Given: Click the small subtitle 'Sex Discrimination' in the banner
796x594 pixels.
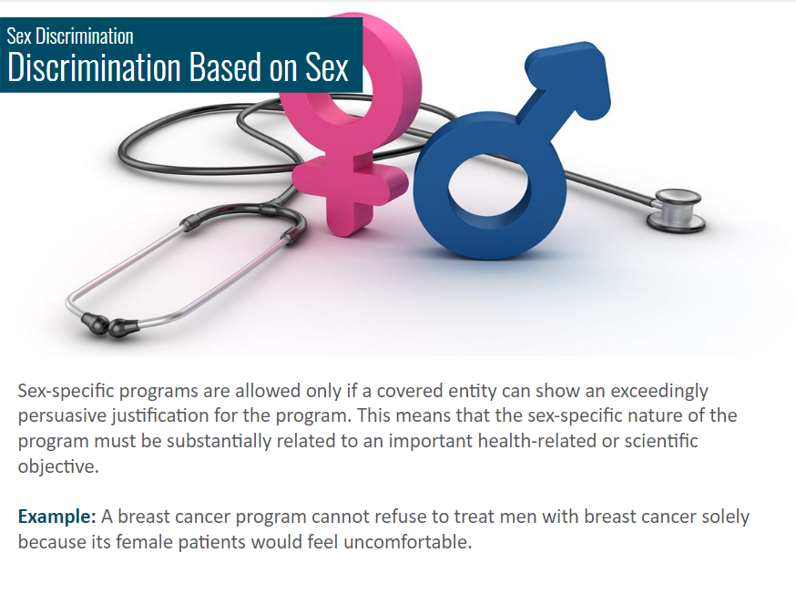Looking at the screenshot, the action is pos(70,36).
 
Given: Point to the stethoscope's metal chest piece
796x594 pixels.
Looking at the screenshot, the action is pos(676,210).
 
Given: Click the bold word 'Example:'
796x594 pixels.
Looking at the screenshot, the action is pos(56,517).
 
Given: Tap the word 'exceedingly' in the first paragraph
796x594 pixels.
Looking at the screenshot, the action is pos(659,392).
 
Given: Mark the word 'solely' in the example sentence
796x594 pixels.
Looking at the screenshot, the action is pos(726,517).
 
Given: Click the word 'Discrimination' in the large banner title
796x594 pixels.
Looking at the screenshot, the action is pos(95,67).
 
